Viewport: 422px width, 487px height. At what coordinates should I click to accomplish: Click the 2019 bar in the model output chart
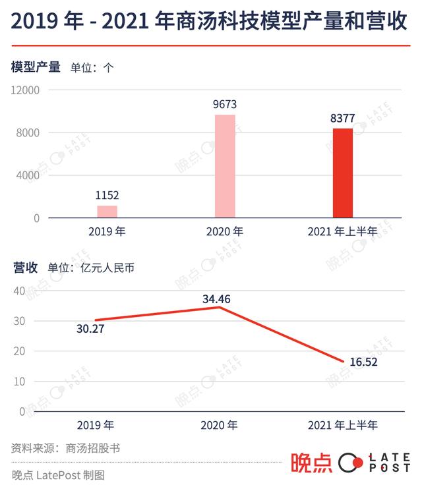coord(107,212)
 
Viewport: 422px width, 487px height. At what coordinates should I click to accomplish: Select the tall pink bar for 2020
coord(226,166)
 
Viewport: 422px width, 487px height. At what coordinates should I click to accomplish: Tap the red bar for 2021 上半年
coord(342,173)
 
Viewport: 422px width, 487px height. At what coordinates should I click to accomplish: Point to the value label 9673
coord(225,104)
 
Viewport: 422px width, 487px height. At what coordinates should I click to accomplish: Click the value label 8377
coord(342,119)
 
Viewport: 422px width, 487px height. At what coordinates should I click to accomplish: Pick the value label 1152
coord(107,195)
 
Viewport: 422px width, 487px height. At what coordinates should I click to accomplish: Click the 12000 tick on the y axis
coord(26,90)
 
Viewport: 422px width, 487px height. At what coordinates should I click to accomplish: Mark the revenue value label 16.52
coord(368,362)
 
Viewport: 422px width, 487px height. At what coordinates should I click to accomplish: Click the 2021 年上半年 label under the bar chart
coord(342,231)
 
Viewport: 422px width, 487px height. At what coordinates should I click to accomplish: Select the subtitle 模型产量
coord(36,68)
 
